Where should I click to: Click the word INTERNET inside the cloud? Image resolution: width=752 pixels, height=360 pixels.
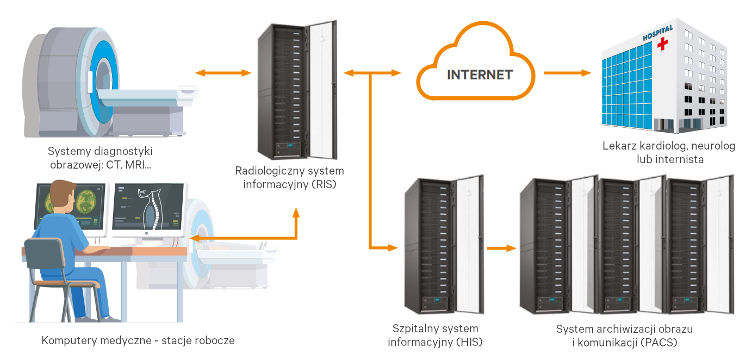point(480,75)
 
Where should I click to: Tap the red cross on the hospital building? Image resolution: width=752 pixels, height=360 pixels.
point(662,44)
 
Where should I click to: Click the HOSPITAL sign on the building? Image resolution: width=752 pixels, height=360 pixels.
point(658,33)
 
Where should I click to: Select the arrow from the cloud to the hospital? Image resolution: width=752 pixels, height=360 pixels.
point(567,72)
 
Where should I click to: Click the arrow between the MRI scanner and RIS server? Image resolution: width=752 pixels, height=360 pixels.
point(223,72)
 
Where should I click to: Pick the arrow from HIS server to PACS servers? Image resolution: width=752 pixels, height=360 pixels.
point(501,248)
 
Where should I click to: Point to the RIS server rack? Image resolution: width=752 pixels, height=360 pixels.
point(297,90)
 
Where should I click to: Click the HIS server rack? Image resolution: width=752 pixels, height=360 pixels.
point(444,245)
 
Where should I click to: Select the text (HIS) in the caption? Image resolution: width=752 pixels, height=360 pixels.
point(469,342)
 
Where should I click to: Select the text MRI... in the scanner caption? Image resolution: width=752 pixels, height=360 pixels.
point(138,165)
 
